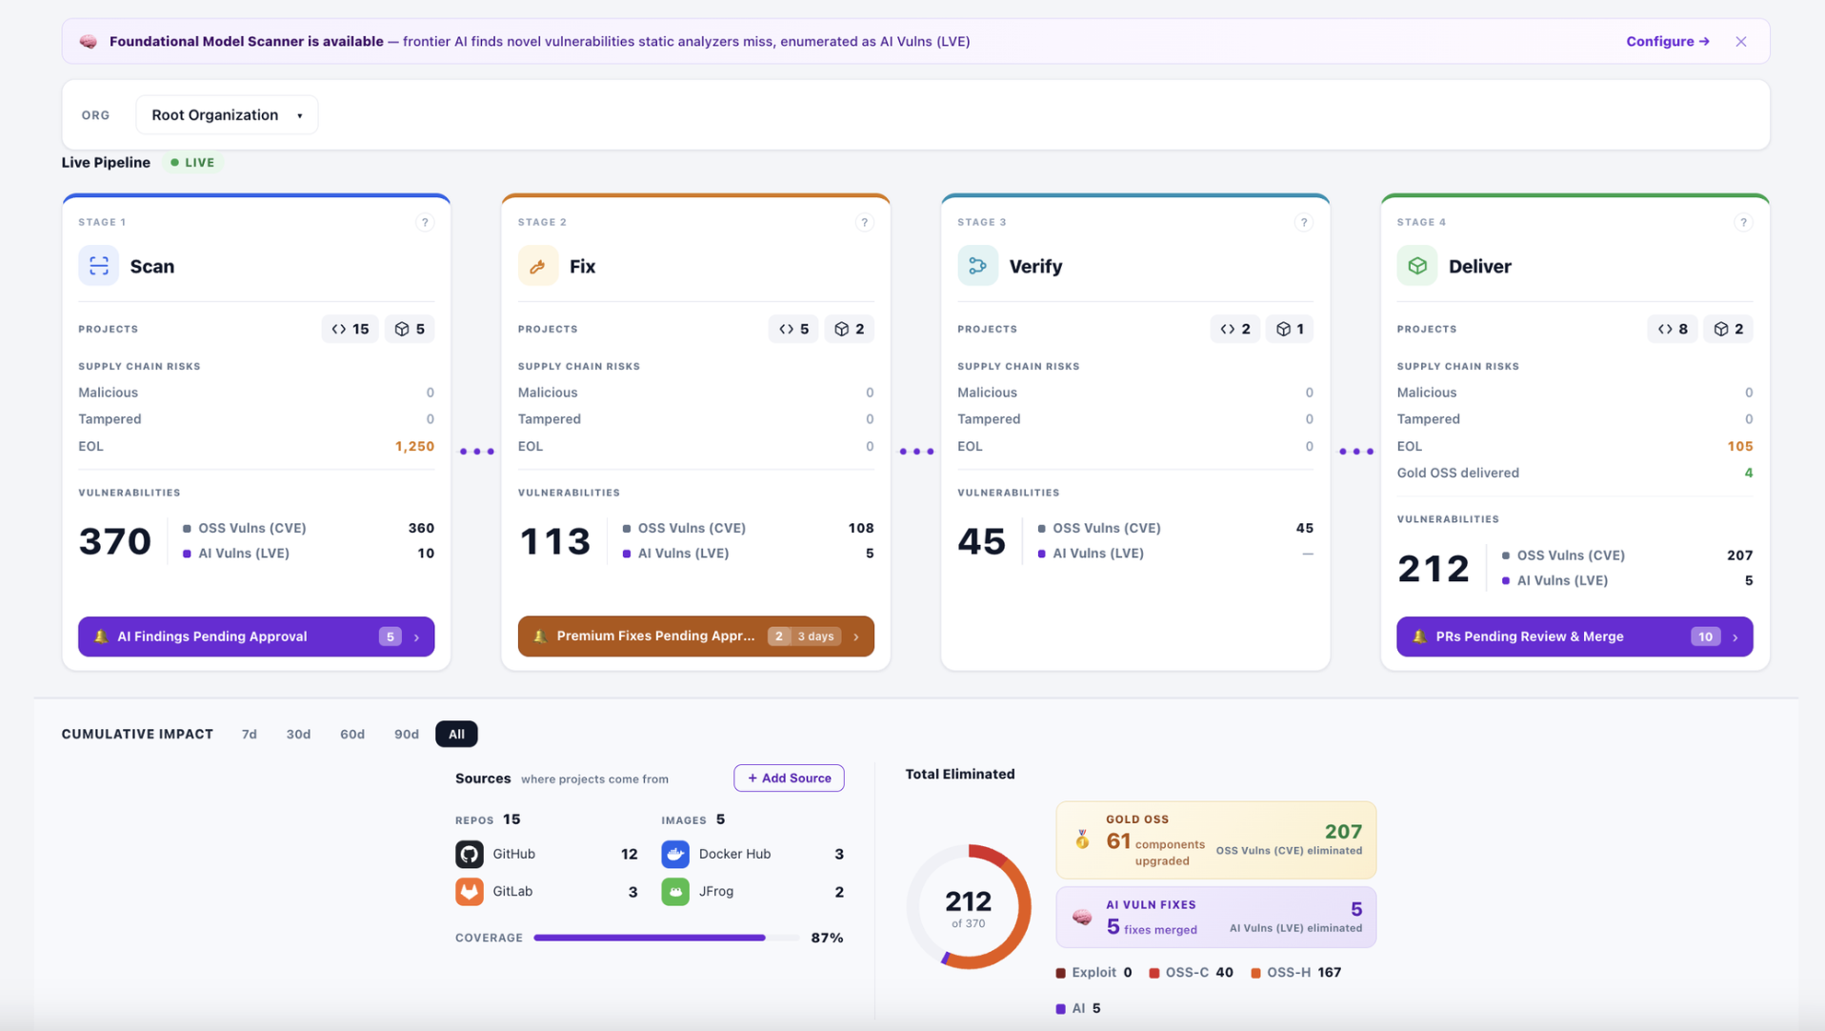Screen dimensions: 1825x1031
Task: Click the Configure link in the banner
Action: click(x=1667, y=41)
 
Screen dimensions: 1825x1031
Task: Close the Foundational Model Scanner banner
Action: click(x=1740, y=41)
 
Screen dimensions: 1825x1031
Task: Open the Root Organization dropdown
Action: click(x=227, y=114)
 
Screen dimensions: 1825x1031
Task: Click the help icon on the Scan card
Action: click(x=425, y=222)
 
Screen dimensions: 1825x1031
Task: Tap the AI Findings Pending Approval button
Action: click(x=256, y=637)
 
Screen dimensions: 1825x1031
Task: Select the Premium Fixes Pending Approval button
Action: click(x=695, y=636)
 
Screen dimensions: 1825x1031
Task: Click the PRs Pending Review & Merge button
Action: click(x=1574, y=637)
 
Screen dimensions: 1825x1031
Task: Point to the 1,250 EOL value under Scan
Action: click(x=414, y=446)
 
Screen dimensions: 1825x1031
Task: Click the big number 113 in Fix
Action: click(x=555, y=541)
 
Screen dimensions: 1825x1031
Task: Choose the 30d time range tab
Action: click(x=298, y=734)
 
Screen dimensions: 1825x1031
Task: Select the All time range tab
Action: click(x=456, y=734)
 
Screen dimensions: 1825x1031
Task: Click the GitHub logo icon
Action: click(x=470, y=854)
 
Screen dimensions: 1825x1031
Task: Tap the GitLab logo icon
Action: click(x=470, y=891)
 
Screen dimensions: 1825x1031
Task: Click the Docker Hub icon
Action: click(x=675, y=854)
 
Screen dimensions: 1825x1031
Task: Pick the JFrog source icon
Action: click(x=675, y=892)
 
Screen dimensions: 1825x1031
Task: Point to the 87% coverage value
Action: click(x=827, y=938)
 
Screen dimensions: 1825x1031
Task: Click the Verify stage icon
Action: click(x=977, y=266)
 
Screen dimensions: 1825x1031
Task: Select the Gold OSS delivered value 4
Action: click(x=1748, y=473)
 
